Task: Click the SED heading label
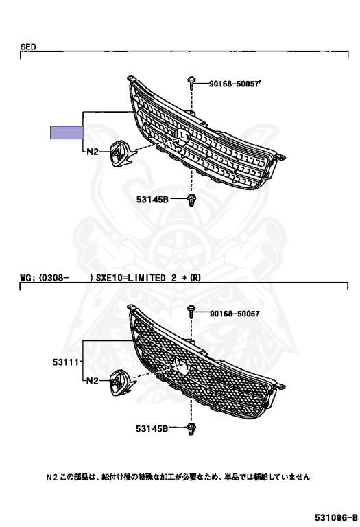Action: [x=28, y=47]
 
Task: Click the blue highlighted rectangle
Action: [x=67, y=132]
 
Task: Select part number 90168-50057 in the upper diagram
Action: [x=235, y=84]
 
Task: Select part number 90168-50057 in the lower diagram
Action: [x=235, y=314]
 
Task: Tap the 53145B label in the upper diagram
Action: [x=152, y=199]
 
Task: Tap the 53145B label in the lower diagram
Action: [x=152, y=428]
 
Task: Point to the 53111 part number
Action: [x=66, y=362]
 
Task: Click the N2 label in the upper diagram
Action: [x=93, y=152]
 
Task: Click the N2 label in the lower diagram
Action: [x=93, y=381]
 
